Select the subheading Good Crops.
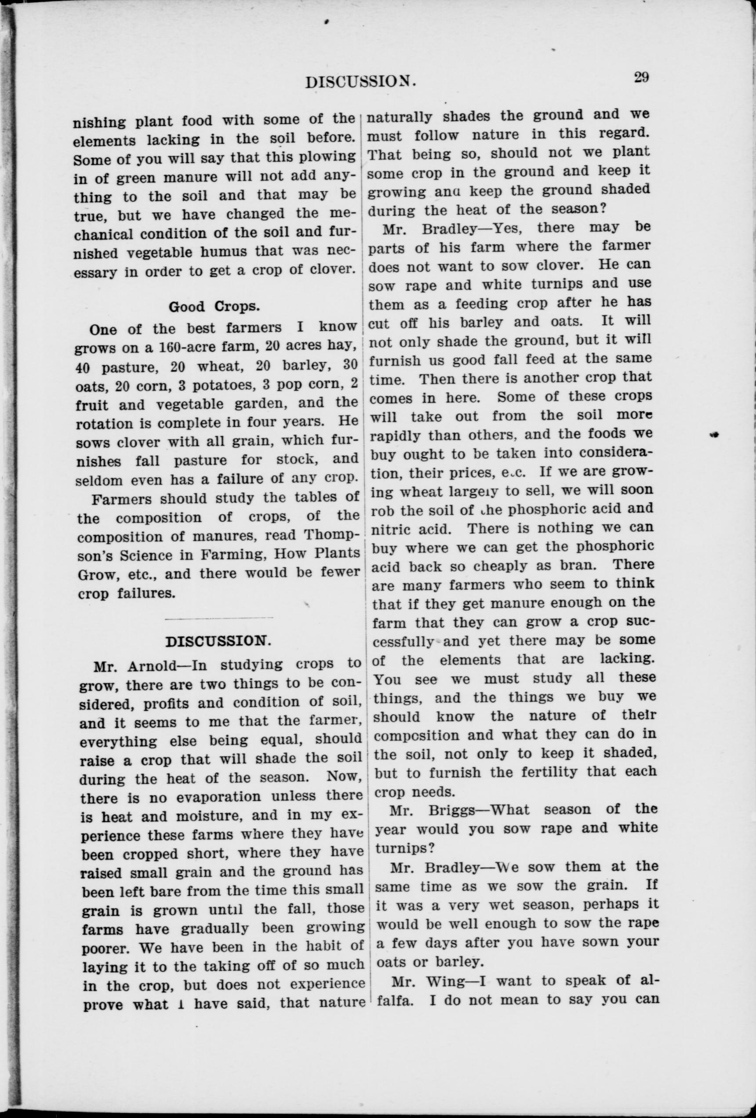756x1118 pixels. pos(215,306)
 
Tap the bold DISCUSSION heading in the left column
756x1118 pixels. pos(215,641)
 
